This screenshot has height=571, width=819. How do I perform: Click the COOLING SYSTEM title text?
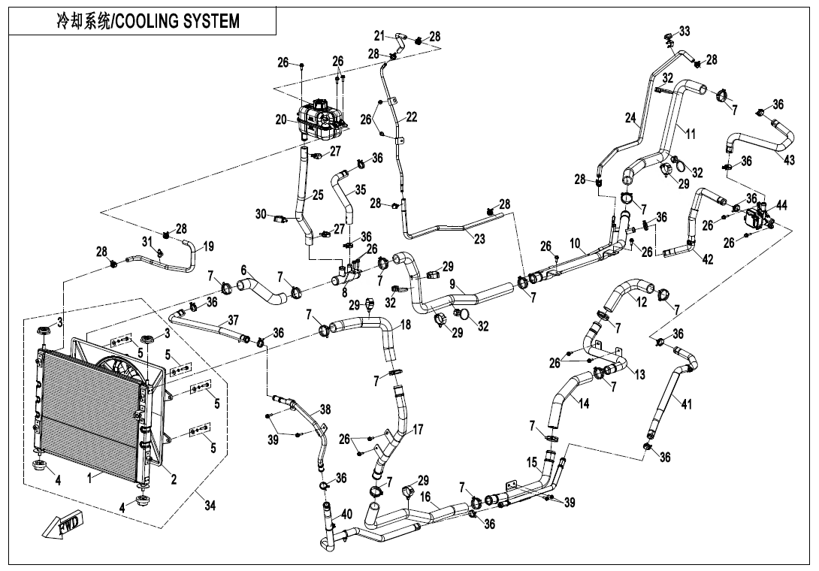[x=148, y=21]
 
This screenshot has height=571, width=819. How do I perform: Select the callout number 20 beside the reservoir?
[x=281, y=119]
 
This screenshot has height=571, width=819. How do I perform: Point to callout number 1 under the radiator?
[x=91, y=477]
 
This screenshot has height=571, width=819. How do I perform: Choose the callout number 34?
[x=210, y=506]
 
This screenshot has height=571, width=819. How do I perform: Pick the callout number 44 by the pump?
[x=781, y=204]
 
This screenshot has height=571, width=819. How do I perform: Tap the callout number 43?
[x=789, y=161]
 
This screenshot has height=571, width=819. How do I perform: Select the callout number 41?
[x=685, y=404]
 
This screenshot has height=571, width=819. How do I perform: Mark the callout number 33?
[x=684, y=31]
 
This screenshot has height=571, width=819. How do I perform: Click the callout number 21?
[x=379, y=35]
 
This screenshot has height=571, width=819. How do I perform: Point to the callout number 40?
[x=346, y=514]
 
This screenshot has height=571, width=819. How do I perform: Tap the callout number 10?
[x=575, y=243]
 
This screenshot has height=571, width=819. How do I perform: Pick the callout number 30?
[x=261, y=214]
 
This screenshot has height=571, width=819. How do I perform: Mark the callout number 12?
[x=640, y=302]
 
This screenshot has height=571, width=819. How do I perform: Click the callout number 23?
[x=478, y=238]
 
